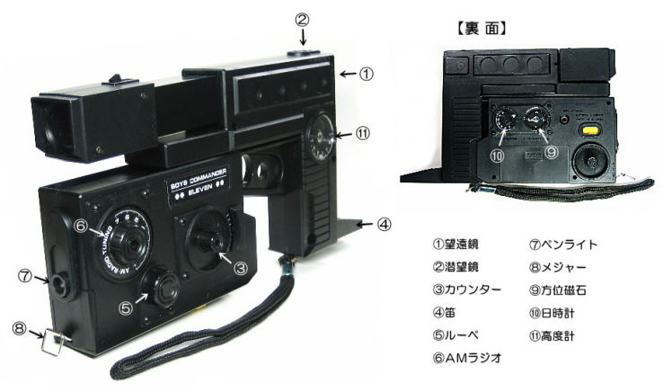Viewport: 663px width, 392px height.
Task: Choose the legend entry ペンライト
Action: click(x=563, y=244)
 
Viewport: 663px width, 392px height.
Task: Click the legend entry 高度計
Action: click(x=555, y=335)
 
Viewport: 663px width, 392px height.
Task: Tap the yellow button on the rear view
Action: click(x=590, y=129)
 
